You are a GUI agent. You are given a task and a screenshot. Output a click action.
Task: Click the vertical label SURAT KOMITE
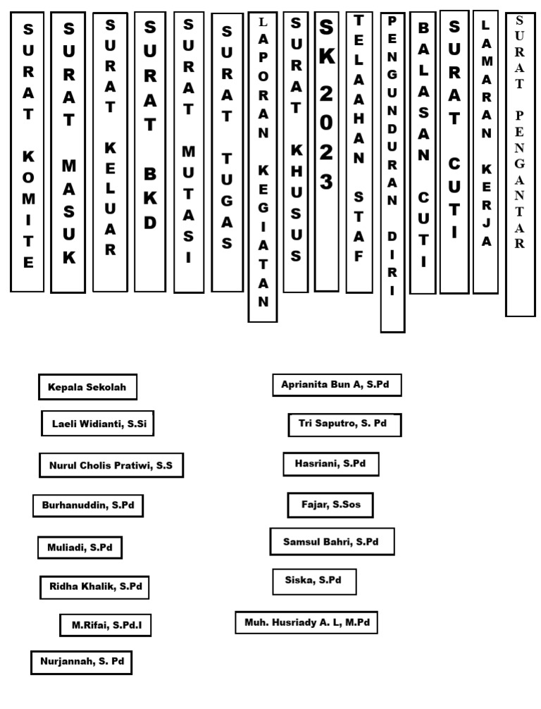27,151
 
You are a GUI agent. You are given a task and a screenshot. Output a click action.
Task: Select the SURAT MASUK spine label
68,152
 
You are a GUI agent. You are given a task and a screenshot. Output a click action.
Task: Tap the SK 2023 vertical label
326,151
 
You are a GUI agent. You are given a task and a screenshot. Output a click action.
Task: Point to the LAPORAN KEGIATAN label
263,167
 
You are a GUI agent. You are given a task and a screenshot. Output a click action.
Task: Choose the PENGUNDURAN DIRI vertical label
392,172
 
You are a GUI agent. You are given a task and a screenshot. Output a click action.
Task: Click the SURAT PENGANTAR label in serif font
520,164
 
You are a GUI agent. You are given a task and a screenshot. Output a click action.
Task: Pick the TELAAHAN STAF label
359,152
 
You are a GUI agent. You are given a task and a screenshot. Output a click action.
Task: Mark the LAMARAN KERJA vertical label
485,152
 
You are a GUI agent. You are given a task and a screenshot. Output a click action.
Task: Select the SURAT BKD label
150,151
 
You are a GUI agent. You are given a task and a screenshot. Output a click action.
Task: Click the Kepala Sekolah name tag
88,387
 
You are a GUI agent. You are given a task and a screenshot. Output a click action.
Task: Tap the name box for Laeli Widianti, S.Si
97,424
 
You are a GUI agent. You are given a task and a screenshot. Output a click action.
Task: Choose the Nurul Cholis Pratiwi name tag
111,465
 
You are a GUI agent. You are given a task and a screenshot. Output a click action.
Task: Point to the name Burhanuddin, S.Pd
88,505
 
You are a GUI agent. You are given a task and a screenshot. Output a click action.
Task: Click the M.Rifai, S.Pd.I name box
106,624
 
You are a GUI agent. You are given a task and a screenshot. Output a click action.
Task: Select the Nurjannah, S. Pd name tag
82,662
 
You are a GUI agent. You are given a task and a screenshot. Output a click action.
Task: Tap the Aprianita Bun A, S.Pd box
337,385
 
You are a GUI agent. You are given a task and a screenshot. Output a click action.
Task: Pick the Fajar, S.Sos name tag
330,505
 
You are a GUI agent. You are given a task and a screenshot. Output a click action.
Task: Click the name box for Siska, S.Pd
314,581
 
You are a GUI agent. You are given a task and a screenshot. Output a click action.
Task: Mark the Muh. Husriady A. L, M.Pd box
306,622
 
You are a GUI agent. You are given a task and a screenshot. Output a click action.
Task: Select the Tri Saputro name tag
344,424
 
